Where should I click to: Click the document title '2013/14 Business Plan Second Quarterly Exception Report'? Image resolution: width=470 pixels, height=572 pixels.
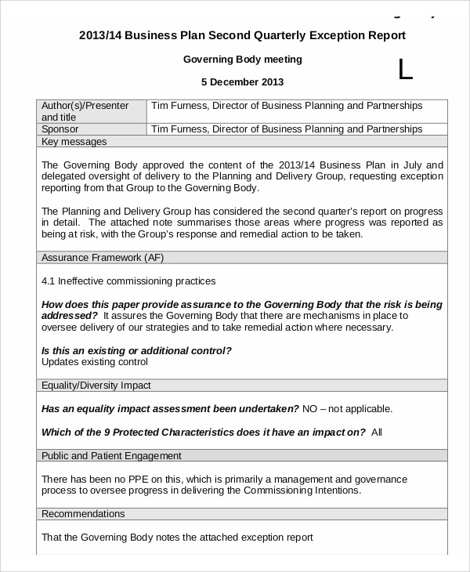[242, 35]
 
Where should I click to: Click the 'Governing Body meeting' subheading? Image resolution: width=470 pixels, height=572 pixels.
[242, 59]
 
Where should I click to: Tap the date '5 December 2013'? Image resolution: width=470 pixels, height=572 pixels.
[242, 81]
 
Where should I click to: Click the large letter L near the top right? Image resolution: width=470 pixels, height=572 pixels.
[404, 70]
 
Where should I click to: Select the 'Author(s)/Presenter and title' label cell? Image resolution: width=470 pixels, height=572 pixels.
[92, 110]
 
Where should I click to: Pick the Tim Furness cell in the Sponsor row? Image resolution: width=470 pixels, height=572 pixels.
[286, 129]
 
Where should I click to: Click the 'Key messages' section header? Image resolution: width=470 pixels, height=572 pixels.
[74, 142]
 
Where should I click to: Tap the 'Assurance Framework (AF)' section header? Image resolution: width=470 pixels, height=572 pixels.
[102, 257]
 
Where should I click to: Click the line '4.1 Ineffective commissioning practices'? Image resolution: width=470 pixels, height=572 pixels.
[128, 281]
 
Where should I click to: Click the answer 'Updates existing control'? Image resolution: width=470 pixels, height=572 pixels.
[94, 362]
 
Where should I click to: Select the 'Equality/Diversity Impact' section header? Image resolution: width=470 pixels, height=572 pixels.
[96, 386]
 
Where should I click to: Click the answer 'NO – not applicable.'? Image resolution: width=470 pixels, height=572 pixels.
[347, 408]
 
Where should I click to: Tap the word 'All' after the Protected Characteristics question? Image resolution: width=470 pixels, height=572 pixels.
[377, 432]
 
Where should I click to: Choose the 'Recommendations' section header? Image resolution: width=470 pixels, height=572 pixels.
[82, 514]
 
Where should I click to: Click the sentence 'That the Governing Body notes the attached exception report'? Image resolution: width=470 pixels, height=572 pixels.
[177, 538]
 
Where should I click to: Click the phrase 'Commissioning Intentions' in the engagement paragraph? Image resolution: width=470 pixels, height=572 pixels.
[301, 491]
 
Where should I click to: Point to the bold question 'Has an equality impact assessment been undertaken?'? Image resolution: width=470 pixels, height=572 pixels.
[169, 408]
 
